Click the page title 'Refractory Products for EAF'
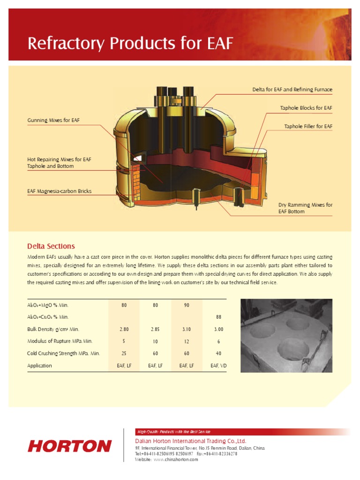click(130, 44)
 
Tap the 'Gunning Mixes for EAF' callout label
click(53, 120)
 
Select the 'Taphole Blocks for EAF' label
click(306, 108)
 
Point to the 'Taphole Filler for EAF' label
click(308, 127)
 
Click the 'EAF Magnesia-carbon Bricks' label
click(60, 191)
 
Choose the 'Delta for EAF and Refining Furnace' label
click(292, 90)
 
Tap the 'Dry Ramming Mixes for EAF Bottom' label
click(305, 208)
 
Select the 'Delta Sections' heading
click(51, 246)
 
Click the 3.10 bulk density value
click(187, 329)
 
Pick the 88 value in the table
click(218, 317)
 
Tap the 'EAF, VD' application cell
click(218, 366)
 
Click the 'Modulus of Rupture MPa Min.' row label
click(60, 341)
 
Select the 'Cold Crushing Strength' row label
click(63, 353)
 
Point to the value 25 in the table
click(124, 353)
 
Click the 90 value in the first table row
click(187, 305)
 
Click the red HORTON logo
click(70, 446)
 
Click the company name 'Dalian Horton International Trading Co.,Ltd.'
click(190, 441)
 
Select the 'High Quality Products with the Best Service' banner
click(173, 432)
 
